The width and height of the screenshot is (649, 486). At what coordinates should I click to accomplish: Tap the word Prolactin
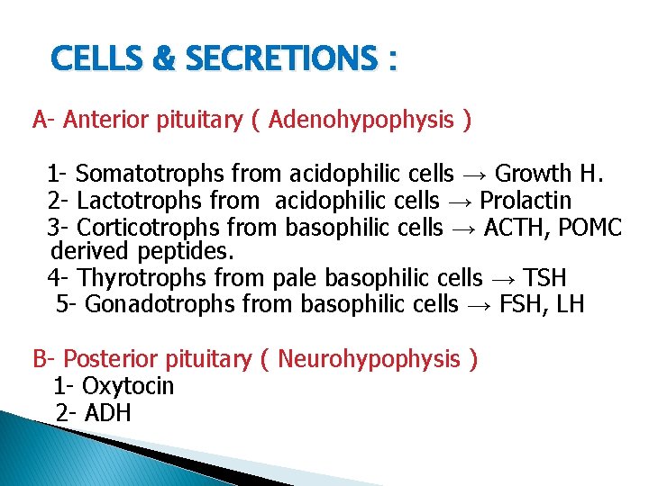point(526,200)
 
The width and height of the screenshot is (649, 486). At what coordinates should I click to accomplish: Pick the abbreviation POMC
point(590,227)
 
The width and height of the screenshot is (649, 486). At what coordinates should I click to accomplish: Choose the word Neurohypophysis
point(370,359)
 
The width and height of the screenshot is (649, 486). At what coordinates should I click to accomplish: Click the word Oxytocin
point(127,386)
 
